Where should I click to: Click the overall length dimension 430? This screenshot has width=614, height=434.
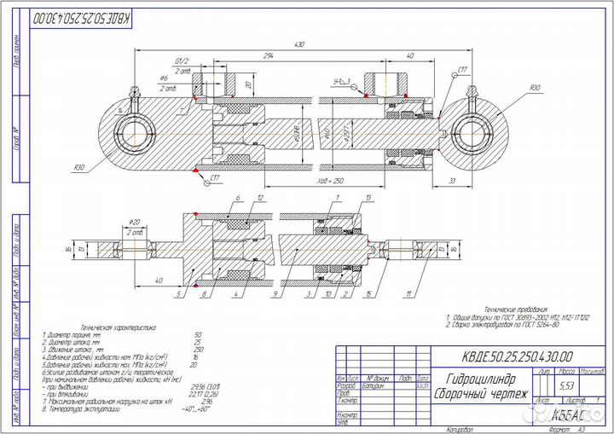tap(298, 43)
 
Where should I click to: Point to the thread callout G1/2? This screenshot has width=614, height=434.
tap(182, 61)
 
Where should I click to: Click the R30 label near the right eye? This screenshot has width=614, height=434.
tap(534, 89)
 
